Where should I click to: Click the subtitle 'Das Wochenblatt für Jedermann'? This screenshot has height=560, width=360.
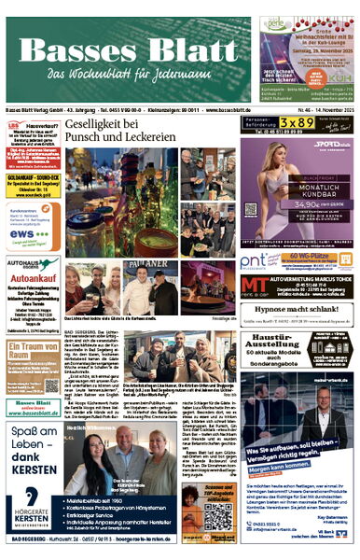point(128,74)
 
